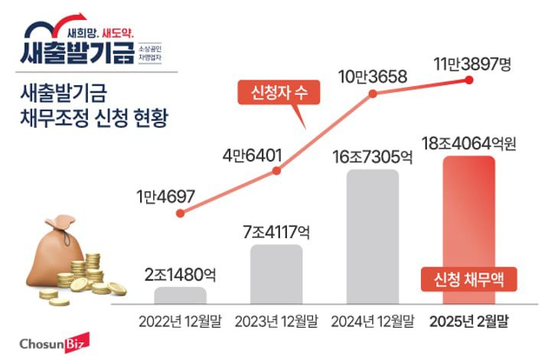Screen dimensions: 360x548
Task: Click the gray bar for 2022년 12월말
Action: (x=180, y=295)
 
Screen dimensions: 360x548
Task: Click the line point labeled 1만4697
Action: (x=180, y=215)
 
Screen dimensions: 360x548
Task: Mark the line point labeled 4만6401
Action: (x=276, y=172)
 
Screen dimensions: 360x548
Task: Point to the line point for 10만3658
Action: (x=373, y=95)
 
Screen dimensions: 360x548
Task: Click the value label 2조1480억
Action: (x=180, y=273)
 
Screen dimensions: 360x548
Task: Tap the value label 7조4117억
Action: (x=276, y=231)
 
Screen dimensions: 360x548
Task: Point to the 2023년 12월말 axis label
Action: (x=276, y=320)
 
